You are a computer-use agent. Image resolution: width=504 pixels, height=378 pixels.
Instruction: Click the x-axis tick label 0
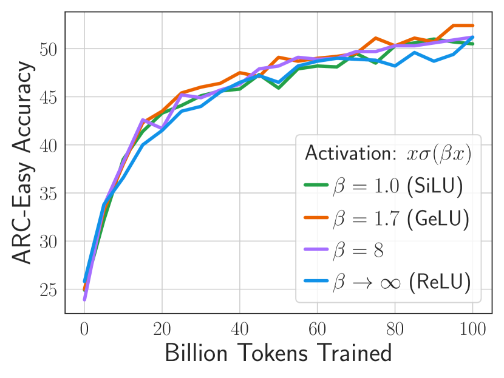(x=84, y=330)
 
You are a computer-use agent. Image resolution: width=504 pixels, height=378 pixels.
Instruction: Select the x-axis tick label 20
(x=162, y=330)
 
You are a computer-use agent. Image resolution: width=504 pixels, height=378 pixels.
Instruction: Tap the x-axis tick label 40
(x=239, y=330)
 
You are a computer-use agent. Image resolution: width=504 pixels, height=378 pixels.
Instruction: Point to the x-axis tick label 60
(x=317, y=330)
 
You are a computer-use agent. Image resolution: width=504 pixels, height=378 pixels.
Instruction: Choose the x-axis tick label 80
(x=395, y=330)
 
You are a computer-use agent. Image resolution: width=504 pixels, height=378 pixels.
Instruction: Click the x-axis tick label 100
(x=472, y=330)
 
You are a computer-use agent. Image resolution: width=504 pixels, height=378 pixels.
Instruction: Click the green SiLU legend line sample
(x=316, y=186)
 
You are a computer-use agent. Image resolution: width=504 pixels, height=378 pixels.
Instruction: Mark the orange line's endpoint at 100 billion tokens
(x=472, y=25)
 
